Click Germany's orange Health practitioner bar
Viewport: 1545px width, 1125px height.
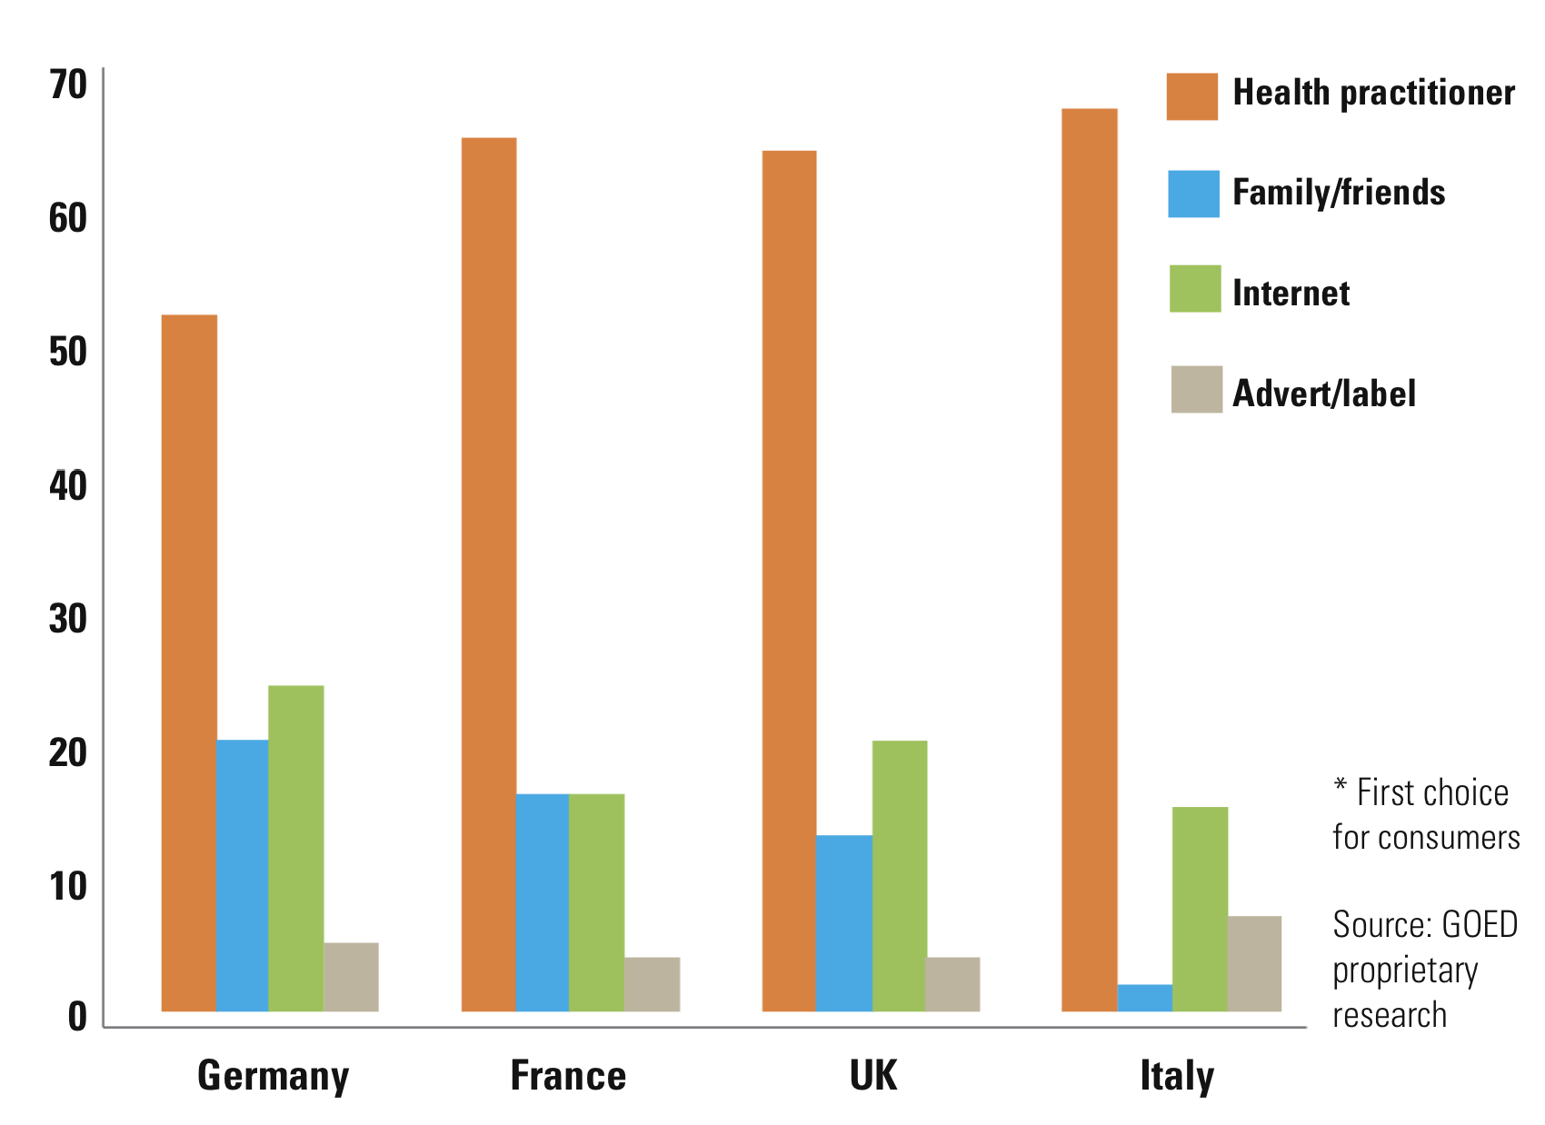click(189, 662)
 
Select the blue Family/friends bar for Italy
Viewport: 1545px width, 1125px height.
click(1144, 998)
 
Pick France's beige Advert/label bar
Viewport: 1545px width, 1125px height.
click(652, 983)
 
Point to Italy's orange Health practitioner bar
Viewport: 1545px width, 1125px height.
click(1089, 559)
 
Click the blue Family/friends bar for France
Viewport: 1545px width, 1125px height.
click(542, 901)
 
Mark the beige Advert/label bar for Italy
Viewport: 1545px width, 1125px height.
click(1254, 963)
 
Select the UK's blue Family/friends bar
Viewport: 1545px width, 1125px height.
click(843, 922)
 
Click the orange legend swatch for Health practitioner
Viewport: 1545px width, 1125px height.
click(1191, 96)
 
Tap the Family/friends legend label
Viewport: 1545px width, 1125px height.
click(1338, 193)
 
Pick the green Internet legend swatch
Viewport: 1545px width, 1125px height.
click(1194, 289)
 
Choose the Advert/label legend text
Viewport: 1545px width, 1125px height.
click(1323, 393)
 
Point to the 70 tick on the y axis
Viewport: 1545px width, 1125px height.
click(68, 85)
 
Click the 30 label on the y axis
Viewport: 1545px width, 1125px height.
click(68, 619)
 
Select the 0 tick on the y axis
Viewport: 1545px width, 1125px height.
click(77, 1016)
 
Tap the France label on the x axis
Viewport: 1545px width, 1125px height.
click(568, 1076)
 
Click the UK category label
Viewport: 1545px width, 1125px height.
click(872, 1076)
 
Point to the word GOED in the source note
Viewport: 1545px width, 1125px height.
click(1480, 925)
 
